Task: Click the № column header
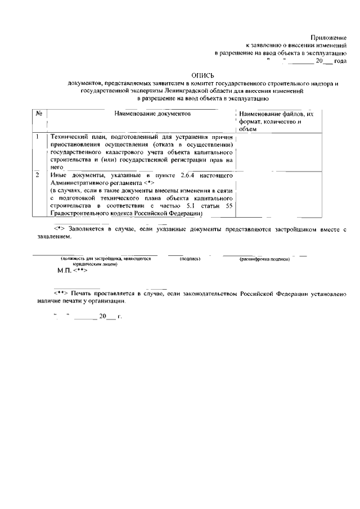coord(39,114)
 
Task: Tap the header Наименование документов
coord(153,114)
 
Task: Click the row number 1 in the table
coord(38,137)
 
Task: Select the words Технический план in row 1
coord(80,137)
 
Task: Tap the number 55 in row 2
coord(228,206)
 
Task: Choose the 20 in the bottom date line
coord(102,317)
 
